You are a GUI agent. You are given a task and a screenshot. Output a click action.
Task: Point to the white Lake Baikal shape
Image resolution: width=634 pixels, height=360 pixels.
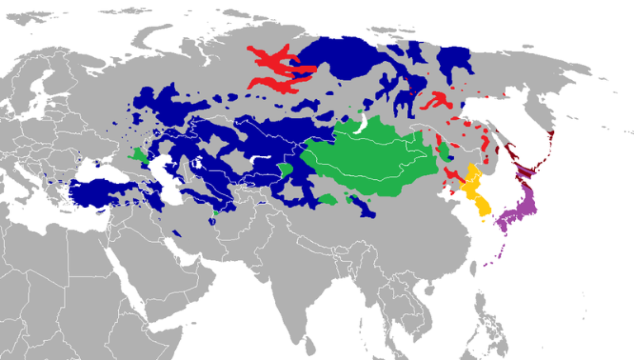361,123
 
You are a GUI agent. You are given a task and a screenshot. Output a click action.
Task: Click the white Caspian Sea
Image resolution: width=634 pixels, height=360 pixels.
170,178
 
